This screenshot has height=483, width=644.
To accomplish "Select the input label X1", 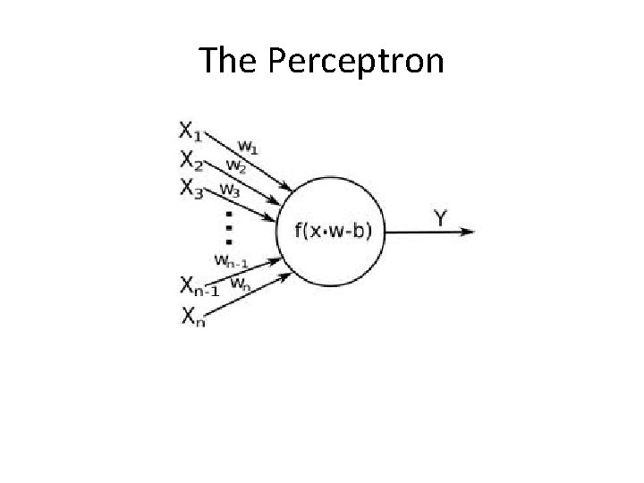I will coord(191,132).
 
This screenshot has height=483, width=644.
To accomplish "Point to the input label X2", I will coord(191,160).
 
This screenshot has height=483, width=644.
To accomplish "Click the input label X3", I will coord(191,188).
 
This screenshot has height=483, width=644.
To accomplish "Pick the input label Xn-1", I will coord(199,287).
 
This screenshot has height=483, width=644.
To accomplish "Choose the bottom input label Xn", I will coord(192,315).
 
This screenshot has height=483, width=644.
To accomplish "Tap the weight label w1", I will coord(250,145).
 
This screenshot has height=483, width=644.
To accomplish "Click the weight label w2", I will coord(237,165).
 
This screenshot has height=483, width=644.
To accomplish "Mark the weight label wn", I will coord(241,284).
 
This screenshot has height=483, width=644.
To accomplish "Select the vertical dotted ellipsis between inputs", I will coord(229,228).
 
